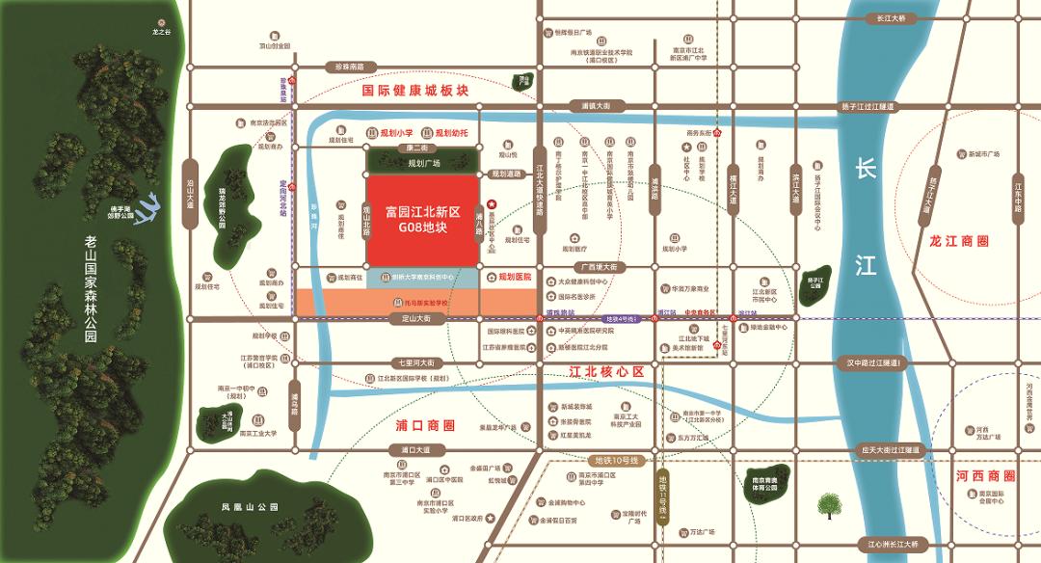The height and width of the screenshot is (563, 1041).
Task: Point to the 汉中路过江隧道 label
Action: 872,362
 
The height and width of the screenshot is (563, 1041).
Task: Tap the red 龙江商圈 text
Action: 959,242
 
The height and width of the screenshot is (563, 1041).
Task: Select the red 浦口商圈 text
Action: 425,425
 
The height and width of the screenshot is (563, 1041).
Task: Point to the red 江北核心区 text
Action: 605,370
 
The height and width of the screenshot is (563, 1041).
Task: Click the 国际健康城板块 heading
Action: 414,90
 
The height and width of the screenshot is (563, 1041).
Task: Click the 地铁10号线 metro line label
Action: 617,458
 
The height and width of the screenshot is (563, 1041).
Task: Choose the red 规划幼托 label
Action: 451,133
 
